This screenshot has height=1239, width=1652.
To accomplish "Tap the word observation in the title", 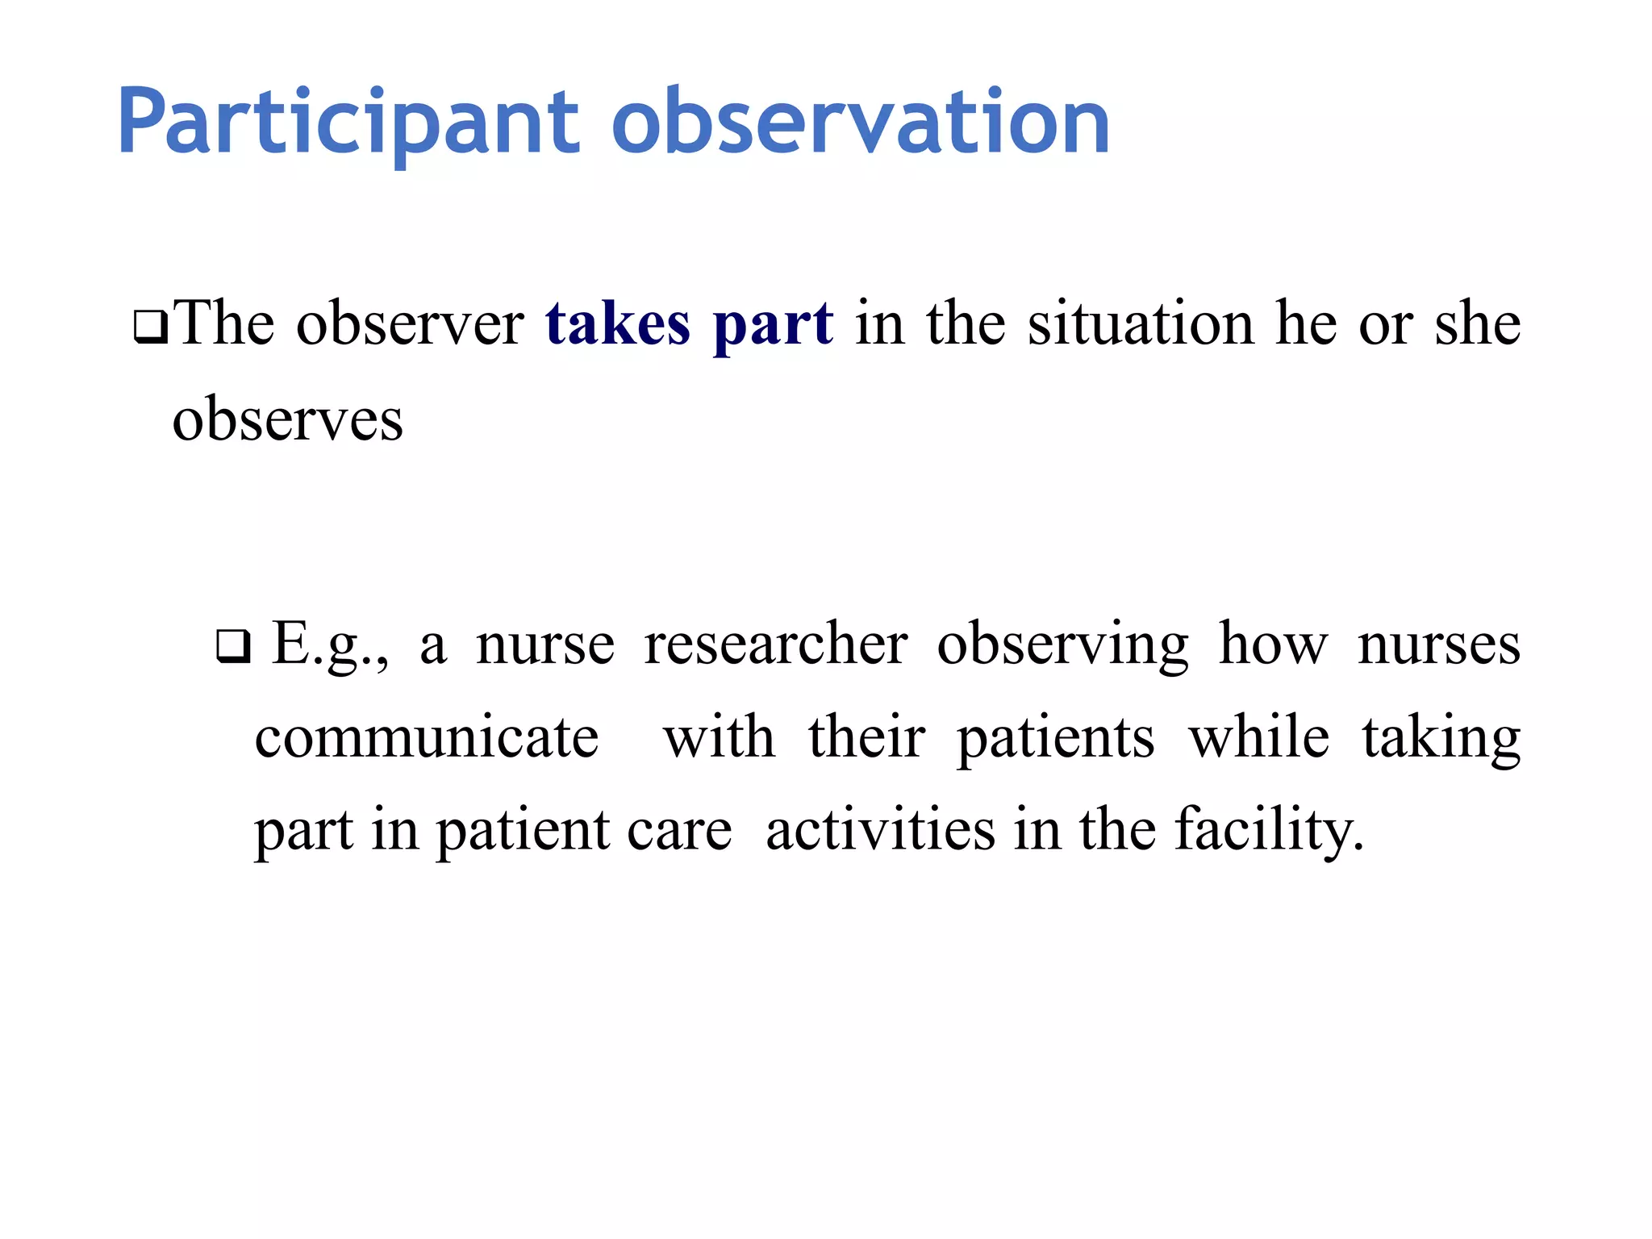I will tap(861, 123).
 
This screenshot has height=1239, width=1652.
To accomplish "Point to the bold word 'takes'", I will tap(617, 323).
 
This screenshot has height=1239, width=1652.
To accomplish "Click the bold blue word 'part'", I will tap(773, 325).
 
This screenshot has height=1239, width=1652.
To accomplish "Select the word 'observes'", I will tap(287, 420).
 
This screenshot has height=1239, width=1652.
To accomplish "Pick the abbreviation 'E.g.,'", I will tap(331, 645).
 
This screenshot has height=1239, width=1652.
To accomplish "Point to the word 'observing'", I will tap(1062, 645).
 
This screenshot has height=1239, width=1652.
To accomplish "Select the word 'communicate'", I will tap(427, 737).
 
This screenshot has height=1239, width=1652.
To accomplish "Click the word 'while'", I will tap(1258, 737).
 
